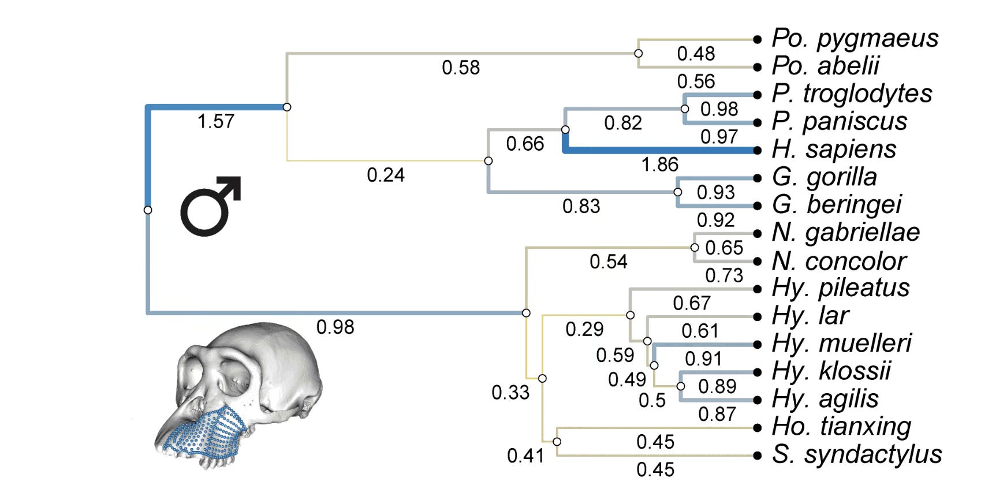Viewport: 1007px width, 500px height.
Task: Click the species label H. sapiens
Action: (x=834, y=149)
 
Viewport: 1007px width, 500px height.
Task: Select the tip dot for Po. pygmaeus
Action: (x=758, y=39)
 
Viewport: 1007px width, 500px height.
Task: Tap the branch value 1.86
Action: (x=659, y=165)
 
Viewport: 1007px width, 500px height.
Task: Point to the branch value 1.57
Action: (x=216, y=121)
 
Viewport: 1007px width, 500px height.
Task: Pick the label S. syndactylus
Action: (x=857, y=454)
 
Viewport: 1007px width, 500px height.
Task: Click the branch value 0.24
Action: (x=386, y=175)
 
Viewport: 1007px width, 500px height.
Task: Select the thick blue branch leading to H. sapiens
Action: (x=658, y=150)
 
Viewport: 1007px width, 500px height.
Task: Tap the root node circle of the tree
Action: (x=148, y=210)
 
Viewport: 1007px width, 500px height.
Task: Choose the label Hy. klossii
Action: (x=831, y=371)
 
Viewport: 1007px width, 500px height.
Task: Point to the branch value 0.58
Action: (x=461, y=68)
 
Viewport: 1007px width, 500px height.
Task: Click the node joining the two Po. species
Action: (x=638, y=53)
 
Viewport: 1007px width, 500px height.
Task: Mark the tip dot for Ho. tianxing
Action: (x=758, y=428)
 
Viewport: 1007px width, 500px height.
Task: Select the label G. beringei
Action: (x=837, y=204)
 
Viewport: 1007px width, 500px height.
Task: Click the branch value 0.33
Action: (x=510, y=393)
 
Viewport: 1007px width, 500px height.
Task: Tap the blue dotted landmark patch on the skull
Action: (x=208, y=433)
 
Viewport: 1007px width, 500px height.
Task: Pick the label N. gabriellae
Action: (x=846, y=232)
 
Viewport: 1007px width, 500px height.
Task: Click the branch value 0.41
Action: (x=525, y=456)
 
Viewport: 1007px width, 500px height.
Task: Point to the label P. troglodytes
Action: (x=852, y=94)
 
